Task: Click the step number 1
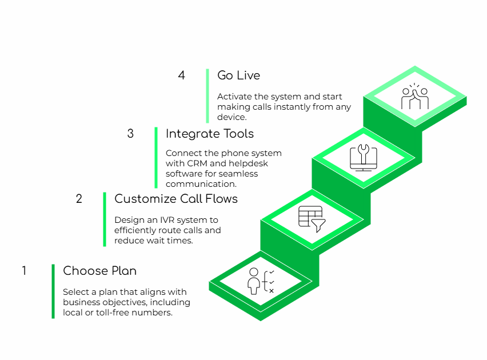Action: (x=24, y=271)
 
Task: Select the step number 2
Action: (x=79, y=199)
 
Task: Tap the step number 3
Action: (x=130, y=134)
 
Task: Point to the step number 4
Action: (x=182, y=75)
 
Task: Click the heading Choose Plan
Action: (x=99, y=271)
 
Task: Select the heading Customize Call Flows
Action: (x=175, y=199)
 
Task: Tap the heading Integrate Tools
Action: (x=209, y=134)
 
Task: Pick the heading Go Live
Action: (x=238, y=75)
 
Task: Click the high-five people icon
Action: (x=415, y=97)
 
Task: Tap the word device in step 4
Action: (x=231, y=117)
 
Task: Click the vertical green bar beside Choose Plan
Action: (x=53, y=291)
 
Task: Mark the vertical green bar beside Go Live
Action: (x=207, y=95)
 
